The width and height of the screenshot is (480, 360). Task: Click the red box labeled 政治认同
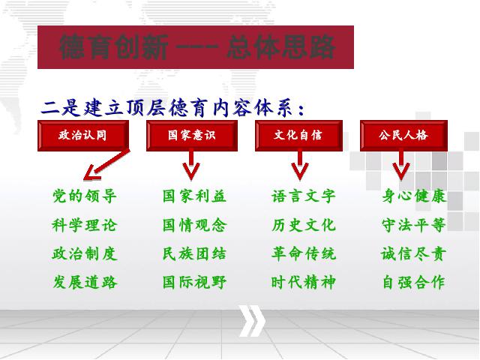click(83, 136)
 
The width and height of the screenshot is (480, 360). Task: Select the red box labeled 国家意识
click(192, 136)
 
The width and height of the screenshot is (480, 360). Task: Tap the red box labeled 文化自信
click(298, 136)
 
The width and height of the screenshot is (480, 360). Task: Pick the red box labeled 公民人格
click(403, 136)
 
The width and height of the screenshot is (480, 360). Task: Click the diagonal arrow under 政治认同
click(106, 164)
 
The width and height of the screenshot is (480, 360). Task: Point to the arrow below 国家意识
click(191, 165)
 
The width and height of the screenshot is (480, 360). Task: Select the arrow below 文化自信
click(300, 165)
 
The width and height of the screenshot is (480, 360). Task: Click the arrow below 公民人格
click(401, 165)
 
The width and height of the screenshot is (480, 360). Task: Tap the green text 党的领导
click(85, 196)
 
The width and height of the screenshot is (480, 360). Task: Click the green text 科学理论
click(85, 225)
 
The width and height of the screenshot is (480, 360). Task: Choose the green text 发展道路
click(85, 282)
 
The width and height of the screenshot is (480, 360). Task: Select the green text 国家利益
click(194, 196)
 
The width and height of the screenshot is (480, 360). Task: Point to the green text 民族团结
click(194, 253)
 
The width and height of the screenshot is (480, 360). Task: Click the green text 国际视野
click(194, 282)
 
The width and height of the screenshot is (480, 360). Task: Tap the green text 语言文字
click(303, 196)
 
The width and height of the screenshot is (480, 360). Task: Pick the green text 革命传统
click(303, 253)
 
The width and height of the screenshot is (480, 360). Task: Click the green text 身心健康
click(414, 196)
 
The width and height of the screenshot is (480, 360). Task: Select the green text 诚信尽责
click(413, 253)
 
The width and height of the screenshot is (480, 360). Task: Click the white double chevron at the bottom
click(252, 321)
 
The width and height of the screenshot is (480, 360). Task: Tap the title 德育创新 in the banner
click(114, 46)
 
